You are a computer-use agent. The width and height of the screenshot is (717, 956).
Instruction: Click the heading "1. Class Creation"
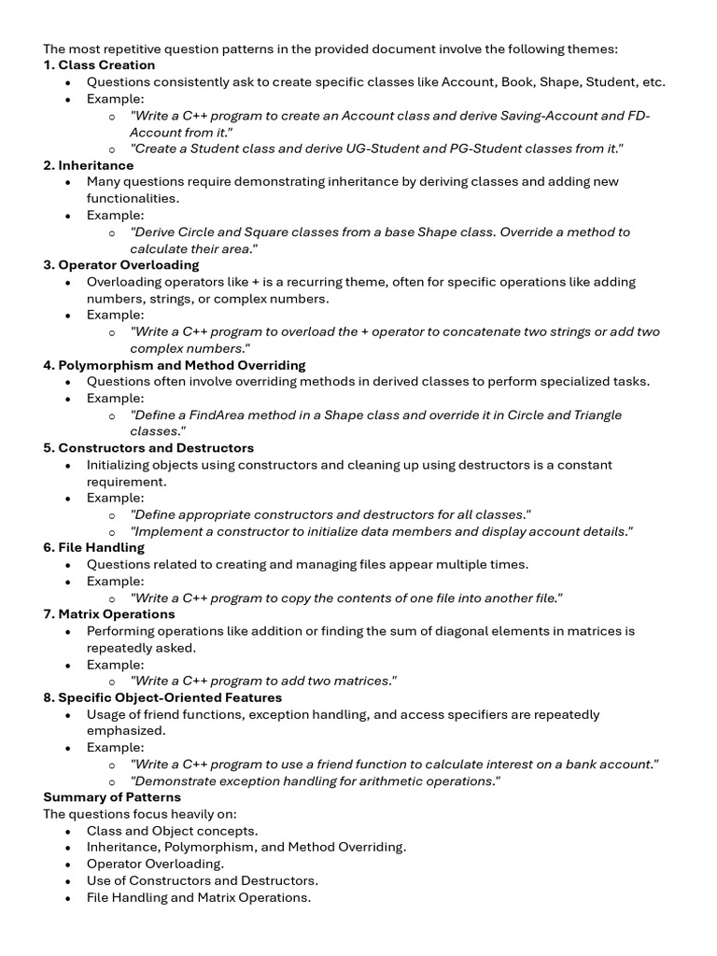(x=99, y=65)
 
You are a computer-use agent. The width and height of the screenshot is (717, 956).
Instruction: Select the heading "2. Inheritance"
(x=89, y=165)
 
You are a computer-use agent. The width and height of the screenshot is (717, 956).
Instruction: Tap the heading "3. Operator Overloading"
(x=121, y=265)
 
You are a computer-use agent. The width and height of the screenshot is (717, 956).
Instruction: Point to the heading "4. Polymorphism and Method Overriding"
(x=175, y=365)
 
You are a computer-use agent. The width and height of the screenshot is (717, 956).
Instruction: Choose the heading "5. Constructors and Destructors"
(x=148, y=448)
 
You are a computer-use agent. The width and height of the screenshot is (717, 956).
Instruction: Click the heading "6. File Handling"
(x=94, y=548)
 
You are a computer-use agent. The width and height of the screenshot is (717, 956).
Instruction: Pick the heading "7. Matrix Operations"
(x=109, y=614)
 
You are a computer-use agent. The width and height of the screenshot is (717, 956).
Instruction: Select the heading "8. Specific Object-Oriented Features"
(x=162, y=697)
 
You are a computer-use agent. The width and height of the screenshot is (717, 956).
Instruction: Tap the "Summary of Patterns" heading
(x=112, y=797)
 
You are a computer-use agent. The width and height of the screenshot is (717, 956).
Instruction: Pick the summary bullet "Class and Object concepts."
(x=173, y=831)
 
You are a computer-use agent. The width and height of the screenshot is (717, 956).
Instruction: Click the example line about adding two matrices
(x=263, y=682)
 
